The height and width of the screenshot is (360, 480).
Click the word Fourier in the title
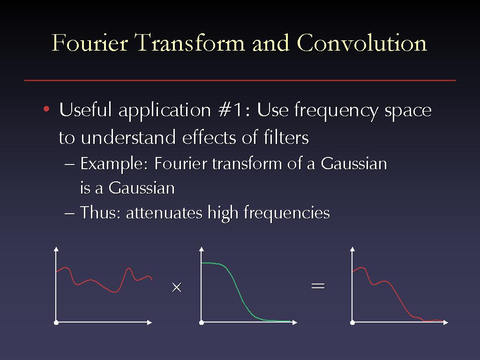(90, 42)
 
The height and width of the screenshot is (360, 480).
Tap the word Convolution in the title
(362, 42)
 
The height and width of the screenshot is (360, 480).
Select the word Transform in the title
(190, 42)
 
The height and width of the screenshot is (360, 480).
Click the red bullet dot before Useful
(46, 109)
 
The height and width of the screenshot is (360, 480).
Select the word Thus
(100, 212)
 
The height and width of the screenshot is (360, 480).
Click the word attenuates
(164, 213)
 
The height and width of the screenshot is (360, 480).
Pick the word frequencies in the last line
(286, 214)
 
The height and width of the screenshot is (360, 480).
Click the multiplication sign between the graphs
(177, 287)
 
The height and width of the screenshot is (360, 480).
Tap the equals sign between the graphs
(318, 286)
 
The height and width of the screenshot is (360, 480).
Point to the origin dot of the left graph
(56, 322)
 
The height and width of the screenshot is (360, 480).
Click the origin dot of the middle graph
(202, 322)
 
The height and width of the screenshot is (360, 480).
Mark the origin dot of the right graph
(352, 322)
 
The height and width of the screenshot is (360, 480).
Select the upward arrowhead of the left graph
(56, 249)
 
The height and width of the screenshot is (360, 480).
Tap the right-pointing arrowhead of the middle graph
(295, 322)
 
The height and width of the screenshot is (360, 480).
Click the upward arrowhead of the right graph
(352, 249)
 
